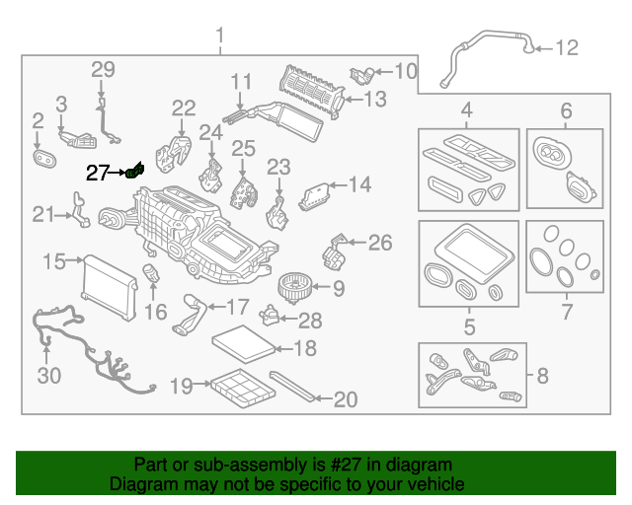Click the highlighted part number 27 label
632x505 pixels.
tap(97, 174)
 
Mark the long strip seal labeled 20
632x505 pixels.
tap(294, 388)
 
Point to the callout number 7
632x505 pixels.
tap(566, 313)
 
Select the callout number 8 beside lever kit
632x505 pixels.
tap(542, 375)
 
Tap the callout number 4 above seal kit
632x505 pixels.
tap(467, 109)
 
